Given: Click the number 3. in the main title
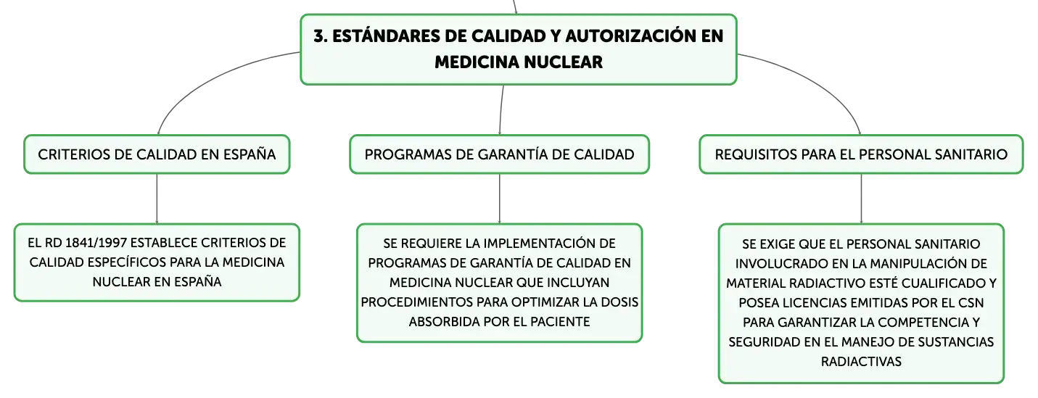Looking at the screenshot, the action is [321, 36].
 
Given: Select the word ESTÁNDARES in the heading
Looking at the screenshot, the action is [386, 36].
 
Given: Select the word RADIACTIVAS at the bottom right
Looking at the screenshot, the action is [861, 362].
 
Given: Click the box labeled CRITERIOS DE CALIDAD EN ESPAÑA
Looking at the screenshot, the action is [157, 154].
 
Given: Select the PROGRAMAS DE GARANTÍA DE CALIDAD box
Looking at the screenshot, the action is [500, 154].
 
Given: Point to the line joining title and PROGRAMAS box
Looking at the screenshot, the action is [501, 109].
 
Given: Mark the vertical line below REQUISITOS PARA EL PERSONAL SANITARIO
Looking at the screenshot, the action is [862, 199].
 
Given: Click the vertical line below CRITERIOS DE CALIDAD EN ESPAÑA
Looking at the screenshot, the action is [157, 199].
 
